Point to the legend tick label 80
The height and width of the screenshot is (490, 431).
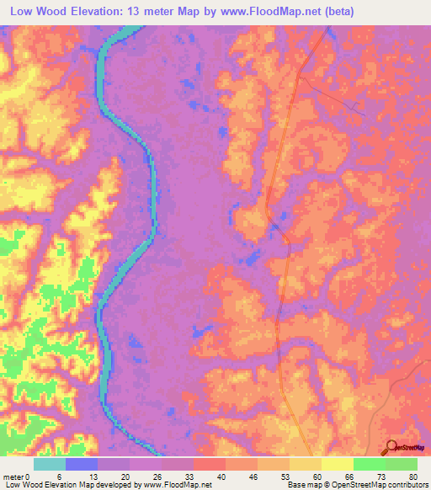(x=412, y=476)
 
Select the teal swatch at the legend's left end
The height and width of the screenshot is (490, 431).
(x=50, y=464)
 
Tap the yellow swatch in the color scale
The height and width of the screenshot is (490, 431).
(x=337, y=464)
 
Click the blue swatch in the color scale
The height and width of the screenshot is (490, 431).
(x=82, y=464)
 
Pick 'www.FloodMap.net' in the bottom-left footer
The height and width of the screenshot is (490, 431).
(x=176, y=484)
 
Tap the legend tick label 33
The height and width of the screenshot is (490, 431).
(x=195, y=476)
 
